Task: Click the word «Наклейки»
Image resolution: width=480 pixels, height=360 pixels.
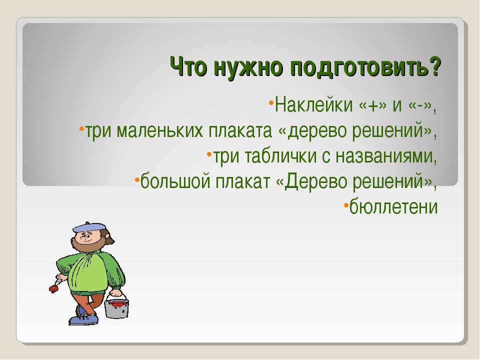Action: point(314,104)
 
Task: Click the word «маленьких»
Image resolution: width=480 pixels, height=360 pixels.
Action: point(160,130)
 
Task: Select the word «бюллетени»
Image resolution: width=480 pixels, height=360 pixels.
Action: point(393,207)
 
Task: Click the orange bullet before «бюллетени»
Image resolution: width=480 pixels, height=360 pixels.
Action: point(345,204)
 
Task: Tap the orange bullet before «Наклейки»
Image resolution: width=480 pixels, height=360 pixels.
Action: point(271,102)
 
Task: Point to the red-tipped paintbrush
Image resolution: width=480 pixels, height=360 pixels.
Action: point(55,284)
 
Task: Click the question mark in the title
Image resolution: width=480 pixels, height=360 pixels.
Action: point(434,66)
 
